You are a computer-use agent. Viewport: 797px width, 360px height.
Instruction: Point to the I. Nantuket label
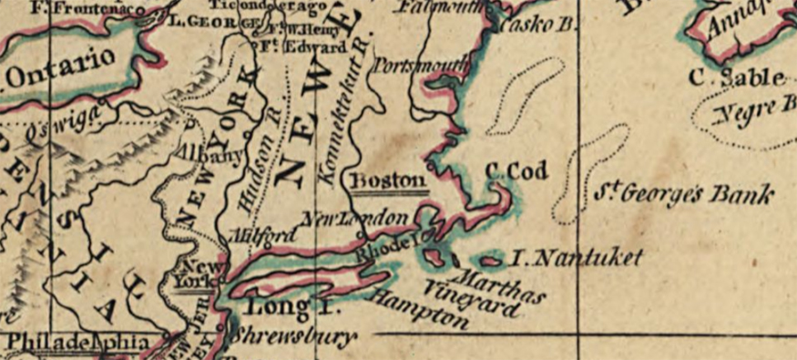click(574, 259)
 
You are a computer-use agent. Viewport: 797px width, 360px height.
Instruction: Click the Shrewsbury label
click(292, 337)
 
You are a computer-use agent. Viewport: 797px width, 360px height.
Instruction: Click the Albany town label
click(210, 154)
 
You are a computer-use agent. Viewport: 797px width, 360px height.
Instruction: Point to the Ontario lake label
click(62, 68)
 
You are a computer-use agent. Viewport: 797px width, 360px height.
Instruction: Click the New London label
click(363, 220)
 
